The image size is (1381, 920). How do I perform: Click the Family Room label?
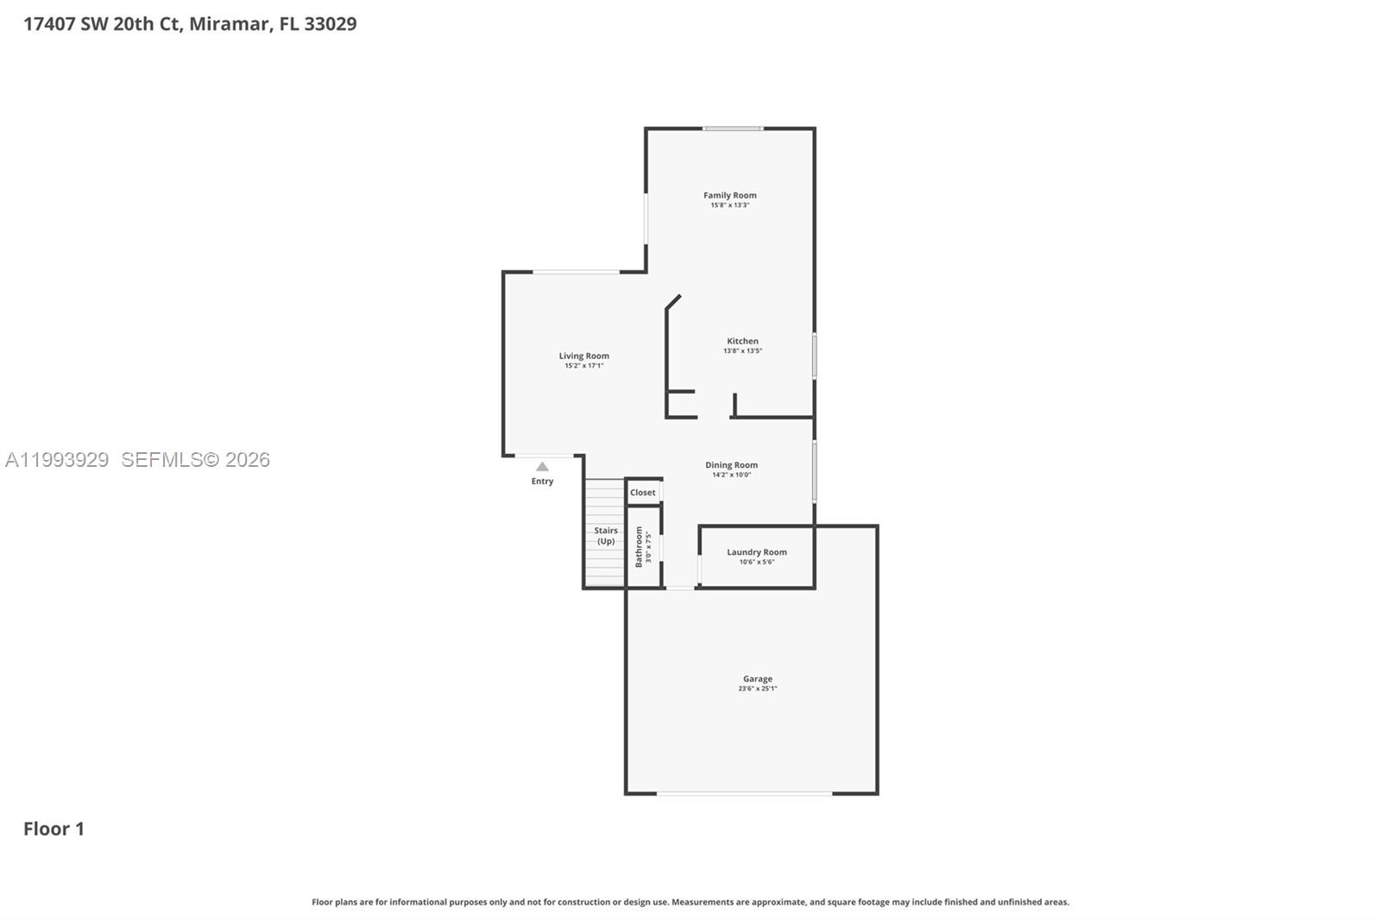(729, 195)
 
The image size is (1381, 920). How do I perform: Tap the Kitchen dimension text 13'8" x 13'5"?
(742, 351)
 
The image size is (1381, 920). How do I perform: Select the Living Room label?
(583, 356)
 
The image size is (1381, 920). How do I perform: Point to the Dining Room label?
(731, 465)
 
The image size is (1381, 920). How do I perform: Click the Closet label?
(642, 493)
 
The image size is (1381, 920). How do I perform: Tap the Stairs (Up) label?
(606, 536)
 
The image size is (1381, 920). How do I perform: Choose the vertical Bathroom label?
(640, 547)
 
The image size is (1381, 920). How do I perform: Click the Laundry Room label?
(756, 552)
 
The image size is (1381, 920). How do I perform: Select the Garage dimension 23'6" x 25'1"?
(757, 689)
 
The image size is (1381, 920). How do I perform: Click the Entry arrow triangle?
(542, 467)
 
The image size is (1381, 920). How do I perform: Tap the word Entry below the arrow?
(542, 482)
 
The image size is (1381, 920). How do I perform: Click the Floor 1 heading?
(54, 829)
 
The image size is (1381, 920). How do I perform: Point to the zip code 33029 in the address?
(330, 24)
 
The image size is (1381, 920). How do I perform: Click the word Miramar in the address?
(229, 24)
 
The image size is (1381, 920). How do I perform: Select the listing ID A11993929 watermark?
(57, 460)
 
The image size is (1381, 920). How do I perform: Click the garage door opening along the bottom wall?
(744, 793)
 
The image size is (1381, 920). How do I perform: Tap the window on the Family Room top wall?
(732, 129)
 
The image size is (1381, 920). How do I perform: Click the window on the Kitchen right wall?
(814, 356)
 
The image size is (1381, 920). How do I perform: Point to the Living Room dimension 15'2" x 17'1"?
(583, 366)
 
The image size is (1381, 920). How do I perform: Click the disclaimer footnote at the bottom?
(690, 902)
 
